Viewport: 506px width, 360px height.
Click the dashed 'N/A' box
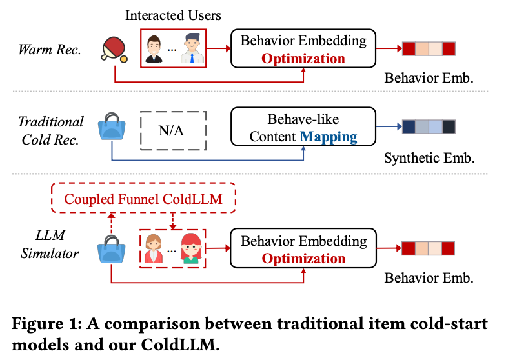coord(172,131)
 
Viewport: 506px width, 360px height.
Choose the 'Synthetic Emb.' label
coord(429,157)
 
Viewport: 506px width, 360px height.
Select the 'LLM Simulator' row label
coord(50,245)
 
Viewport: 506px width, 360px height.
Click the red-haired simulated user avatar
coord(192,248)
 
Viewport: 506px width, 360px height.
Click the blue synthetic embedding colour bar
coord(429,126)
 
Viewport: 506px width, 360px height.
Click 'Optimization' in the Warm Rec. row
coord(303,58)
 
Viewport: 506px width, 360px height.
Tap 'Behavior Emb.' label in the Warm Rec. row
coord(429,79)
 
